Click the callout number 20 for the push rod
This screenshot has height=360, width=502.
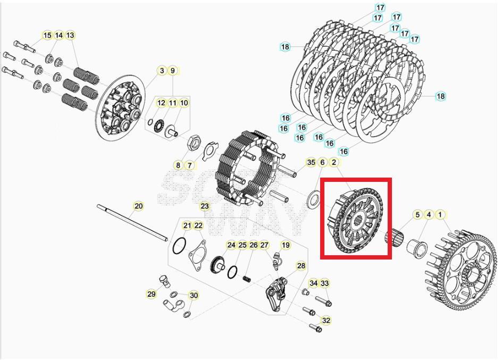(138, 206)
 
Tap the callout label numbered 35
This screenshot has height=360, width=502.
(311, 162)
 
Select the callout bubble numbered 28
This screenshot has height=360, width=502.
(301, 266)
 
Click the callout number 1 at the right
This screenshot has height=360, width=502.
(440, 215)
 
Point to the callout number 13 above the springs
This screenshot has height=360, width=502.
(70, 36)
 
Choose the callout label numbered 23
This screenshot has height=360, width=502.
(205, 206)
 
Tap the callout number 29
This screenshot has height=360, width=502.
(152, 294)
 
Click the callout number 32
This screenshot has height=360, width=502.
(326, 321)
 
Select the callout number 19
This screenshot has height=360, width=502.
(286, 245)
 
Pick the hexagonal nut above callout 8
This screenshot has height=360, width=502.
(193, 142)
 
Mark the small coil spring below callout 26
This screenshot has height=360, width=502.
(247, 279)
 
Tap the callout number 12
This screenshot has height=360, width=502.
(161, 103)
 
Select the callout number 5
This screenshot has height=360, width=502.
(417, 215)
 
